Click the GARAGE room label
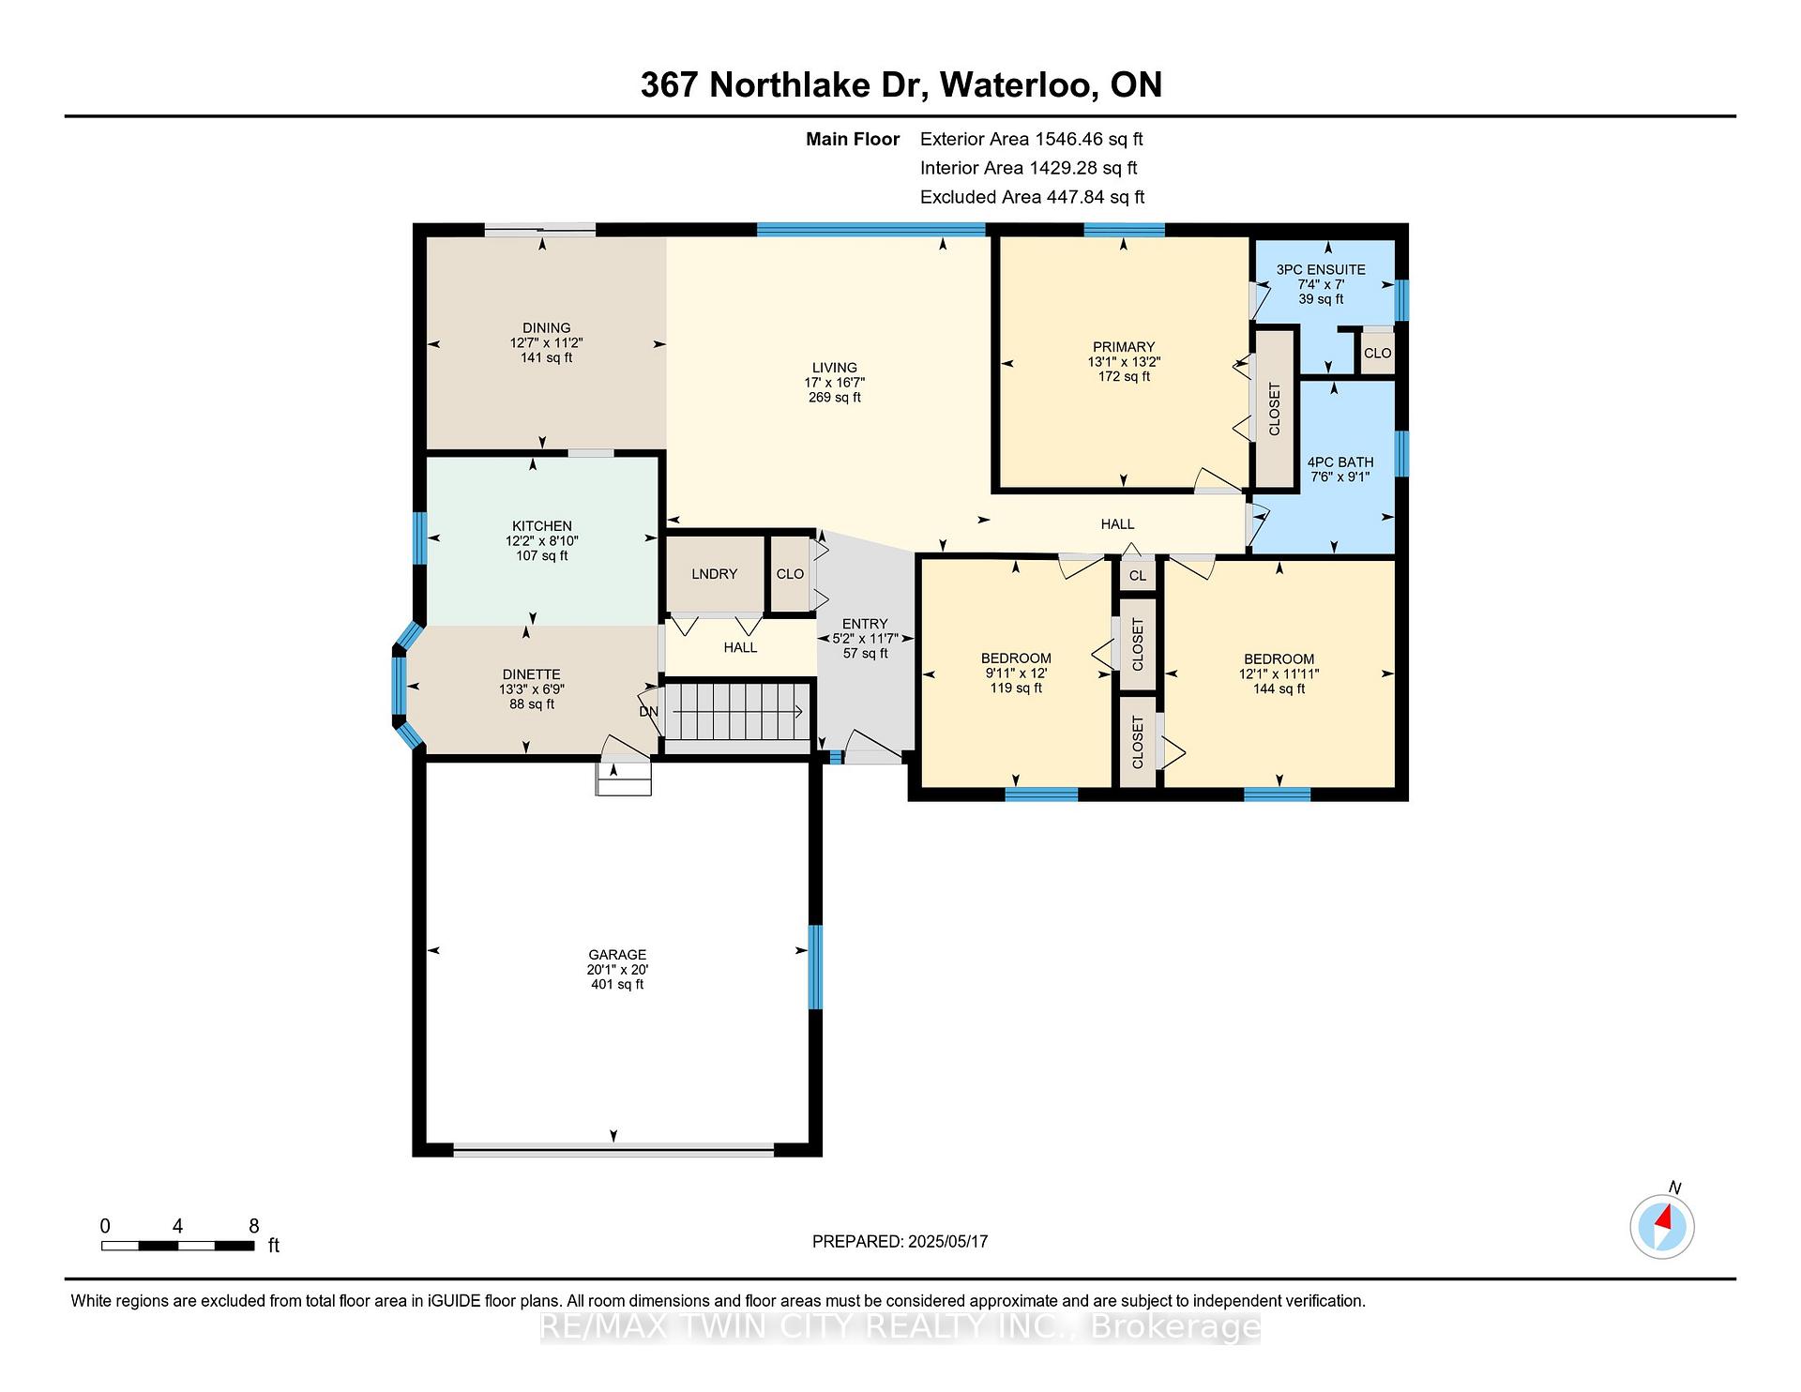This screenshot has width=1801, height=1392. [617, 955]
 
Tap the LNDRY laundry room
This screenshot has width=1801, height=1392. [715, 574]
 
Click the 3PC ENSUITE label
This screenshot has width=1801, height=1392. [1321, 269]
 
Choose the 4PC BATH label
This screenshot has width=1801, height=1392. [1340, 461]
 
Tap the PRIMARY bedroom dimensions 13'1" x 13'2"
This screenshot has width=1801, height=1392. [1124, 361]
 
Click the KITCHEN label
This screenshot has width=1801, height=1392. [542, 526]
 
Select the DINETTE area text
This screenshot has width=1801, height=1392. [531, 674]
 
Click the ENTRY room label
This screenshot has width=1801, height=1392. [865, 624]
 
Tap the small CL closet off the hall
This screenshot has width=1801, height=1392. [1138, 576]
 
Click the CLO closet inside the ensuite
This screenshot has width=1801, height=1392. [1377, 354]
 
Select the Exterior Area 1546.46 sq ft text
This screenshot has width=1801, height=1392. [1032, 140]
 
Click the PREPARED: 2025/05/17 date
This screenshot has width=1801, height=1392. [900, 1242]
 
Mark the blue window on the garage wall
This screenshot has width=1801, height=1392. [815, 967]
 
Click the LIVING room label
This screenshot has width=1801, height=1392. [835, 368]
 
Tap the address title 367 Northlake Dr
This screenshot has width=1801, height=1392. [784, 84]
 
